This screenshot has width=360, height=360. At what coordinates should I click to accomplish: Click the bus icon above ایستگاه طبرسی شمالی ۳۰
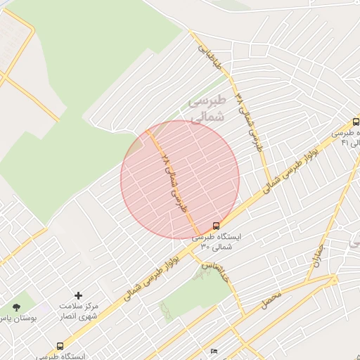215,226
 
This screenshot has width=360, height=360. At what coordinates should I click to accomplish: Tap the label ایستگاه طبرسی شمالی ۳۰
217,241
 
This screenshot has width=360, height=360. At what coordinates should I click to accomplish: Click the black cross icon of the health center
78,295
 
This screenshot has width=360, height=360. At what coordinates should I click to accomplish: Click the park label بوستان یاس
17,319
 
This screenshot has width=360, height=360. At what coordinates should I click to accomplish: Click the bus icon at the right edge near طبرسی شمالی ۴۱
356,121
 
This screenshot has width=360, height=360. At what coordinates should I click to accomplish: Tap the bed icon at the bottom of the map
214,352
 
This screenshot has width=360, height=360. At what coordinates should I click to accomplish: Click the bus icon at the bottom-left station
60,346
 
